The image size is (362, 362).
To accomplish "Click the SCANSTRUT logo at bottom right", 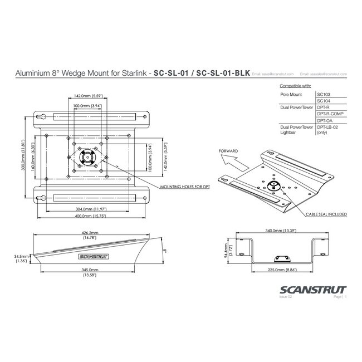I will pyautogui.click(x=315, y=290).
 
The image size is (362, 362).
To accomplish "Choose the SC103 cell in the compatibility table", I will pyautogui.click(x=324, y=96).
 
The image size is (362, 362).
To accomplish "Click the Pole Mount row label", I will pyautogui.click(x=290, y=96).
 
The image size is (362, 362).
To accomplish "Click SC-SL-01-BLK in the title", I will pyautogui.click(x=223, y=73).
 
